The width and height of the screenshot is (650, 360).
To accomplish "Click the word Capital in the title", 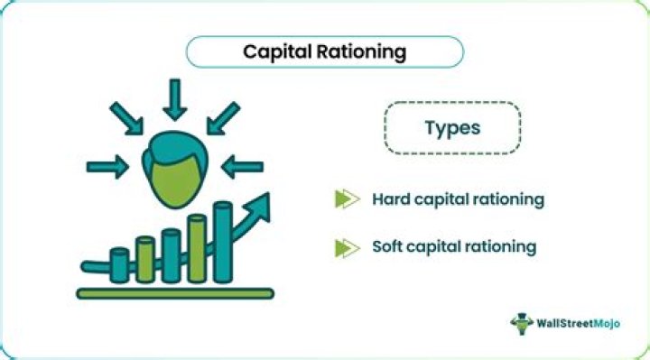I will [274, 52].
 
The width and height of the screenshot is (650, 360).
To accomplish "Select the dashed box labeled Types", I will [452, 127].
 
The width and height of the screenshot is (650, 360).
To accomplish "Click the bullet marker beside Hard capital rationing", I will [347, 198].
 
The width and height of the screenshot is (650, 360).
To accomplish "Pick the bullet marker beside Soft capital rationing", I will [347, 246].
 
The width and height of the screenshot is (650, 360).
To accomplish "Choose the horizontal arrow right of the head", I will [241, 166].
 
